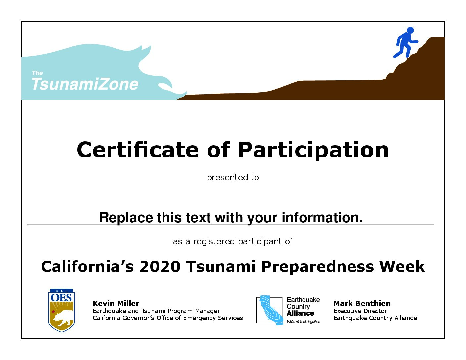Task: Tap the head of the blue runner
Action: [x=410, y=30]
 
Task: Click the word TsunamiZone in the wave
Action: [x=85, y=84]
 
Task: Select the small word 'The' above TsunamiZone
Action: [x=37, y=73]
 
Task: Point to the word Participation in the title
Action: [x=313, y=151]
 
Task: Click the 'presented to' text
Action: [x=233, y=178]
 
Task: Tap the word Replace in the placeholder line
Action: [x=126, y=218]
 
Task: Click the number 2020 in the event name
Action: [x=160, y=266]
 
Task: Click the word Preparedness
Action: [x=318, y=267]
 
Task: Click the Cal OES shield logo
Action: [x=62, y=310]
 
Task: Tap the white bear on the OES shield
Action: [x=63, y=317]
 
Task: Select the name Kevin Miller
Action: [x=116, y=304]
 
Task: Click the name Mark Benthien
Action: [x=362, y=304]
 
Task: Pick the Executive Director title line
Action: [x=360, y=311]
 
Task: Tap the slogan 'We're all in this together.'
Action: [x=303, y=322]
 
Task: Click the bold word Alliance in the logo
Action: [x=300, y=313]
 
